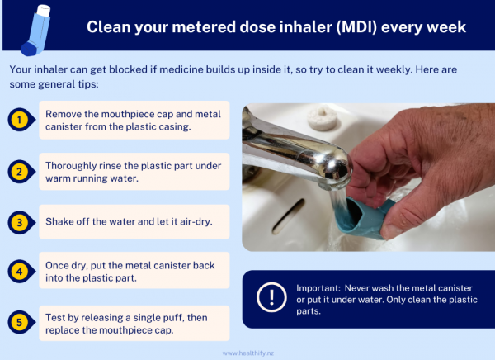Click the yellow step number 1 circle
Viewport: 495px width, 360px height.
click(x=20, y=121)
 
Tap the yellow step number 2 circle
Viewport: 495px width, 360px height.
click(x=20, y=171)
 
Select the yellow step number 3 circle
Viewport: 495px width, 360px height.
click(x=20, y=221)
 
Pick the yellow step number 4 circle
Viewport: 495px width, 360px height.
click(x=20, y=270)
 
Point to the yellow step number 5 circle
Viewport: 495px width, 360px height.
click(x=20, y=321)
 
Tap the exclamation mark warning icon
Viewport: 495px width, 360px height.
click(x=271, y=298)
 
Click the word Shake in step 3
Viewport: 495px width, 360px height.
click(x=60, y=221)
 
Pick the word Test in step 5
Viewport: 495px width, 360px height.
click(x=56, y=315)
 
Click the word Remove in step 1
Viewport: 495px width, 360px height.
click(x=64, y=114)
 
